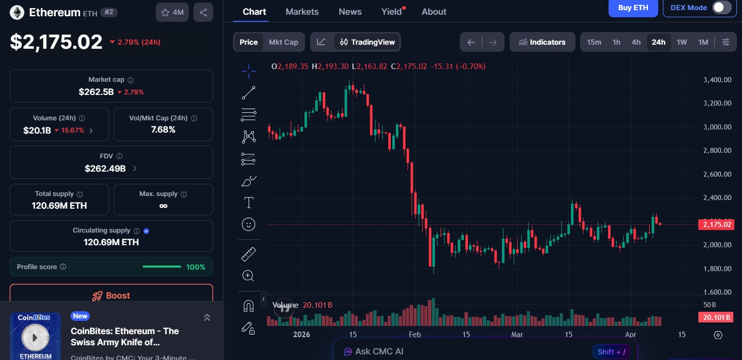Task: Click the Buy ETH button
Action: click(633, 8)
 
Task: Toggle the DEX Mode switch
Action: click(721, 8)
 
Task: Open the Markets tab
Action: click(302, 12)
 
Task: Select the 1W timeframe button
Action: click(682, 42)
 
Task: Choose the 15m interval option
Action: click(594, 42)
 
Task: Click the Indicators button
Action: click(542, 42)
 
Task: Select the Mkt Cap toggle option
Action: click(283, 42)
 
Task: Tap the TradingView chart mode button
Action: click(367, 42)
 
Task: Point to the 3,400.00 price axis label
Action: click(717, 80)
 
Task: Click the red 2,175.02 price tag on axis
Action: click(716, 224)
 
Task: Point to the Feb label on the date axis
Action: click(415, 335)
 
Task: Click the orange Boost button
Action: click(111, 296)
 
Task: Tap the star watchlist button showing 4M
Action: click(172, 13)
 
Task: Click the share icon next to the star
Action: click(203, 13)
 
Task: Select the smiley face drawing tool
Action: click(248, 224)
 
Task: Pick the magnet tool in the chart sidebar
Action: click(248, 306)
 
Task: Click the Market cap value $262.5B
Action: click(96, 92)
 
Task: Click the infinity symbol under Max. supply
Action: click(163, 206)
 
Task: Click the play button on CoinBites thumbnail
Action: click(35, 337)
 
